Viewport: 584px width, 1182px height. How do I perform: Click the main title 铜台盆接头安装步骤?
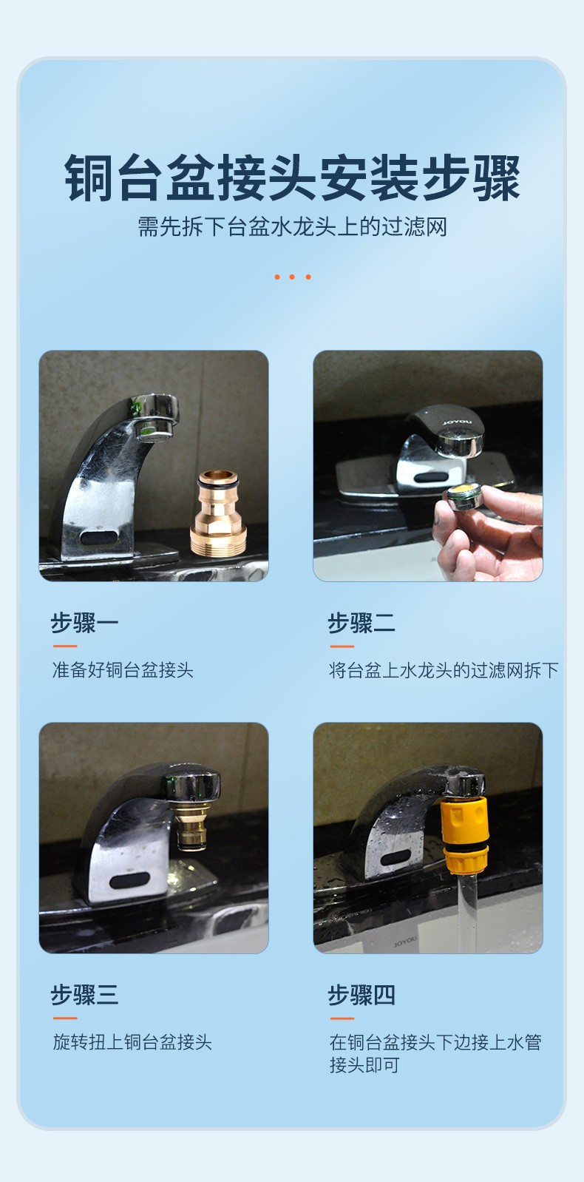[292, 178]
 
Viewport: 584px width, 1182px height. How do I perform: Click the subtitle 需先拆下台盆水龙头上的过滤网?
[292, 227]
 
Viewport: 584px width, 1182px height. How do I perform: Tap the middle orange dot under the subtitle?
[292, 277]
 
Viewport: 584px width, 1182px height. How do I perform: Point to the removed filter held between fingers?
[464, 496]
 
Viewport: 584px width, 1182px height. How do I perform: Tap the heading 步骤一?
[84, 623]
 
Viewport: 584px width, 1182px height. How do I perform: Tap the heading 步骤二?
[361, 623]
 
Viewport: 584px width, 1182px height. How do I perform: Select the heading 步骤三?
[84, 995]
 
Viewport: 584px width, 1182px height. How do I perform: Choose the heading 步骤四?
[361, 995]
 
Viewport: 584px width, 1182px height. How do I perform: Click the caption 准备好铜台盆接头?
[123, 669]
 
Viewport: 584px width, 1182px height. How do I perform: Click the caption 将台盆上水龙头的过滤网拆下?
[444, 670]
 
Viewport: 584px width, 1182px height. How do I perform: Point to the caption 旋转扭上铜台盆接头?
[132, 1042]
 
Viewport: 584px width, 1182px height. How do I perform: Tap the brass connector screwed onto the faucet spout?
[192, 826]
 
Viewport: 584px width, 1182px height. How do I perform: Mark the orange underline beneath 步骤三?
[65, 1018]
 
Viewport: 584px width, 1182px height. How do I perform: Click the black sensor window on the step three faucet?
[130, 879]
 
